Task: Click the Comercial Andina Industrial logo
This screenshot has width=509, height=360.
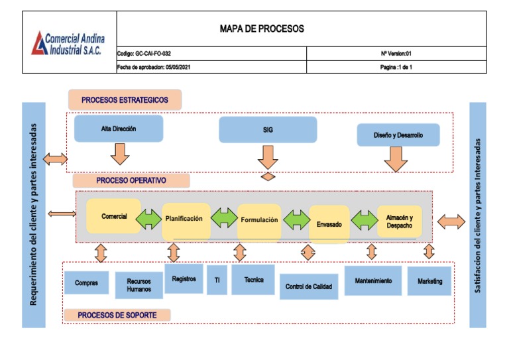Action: tap(69, 42)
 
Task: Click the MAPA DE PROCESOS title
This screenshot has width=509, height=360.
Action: tap(262, 29)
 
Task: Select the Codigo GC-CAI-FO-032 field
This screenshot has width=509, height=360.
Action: tap(148, 53)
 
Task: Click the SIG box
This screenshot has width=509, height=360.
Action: tap(268, 130)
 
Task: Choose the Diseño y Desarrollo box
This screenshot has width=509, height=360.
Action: tap(398, 135)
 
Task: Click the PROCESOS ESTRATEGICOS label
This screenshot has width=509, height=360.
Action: tap(125, 100)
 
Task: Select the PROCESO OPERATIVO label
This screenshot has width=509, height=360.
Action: tap(131, 180)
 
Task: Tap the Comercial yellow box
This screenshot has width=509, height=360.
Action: tap(113, 216)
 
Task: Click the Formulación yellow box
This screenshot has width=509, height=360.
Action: tap(259, 220)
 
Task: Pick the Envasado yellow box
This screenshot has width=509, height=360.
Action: tap(329, 224)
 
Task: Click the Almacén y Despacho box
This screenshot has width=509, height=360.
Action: tap(399, 221)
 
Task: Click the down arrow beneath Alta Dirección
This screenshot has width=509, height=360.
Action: tap(119, 154)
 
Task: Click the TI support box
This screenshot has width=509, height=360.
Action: tap(217, 280)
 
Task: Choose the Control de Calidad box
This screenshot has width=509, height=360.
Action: tap(308, 286)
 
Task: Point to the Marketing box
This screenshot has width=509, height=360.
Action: tap(429, 281)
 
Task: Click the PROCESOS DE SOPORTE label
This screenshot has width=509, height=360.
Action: tap(117, 315)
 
